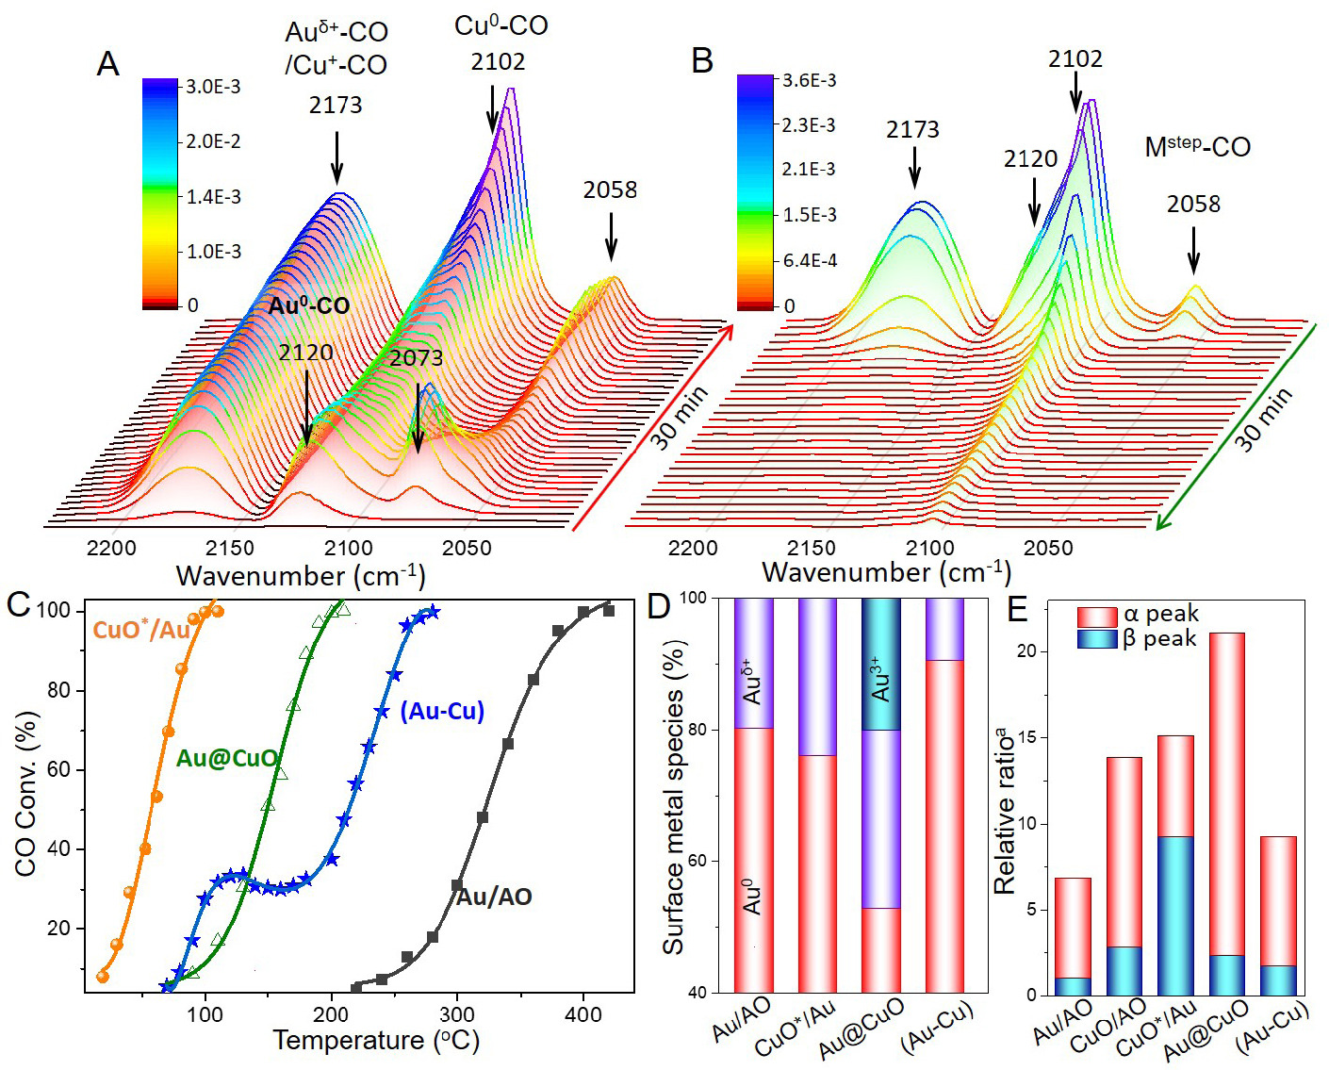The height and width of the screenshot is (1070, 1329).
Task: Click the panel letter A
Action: [108, 64]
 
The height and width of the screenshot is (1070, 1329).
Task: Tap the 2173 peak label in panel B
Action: [912, 130]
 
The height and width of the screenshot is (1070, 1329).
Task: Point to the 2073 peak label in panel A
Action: [416, 358]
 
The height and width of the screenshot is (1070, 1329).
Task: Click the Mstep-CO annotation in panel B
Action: [1197, 147]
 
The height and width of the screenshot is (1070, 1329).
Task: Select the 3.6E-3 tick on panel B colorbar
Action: [809, 81]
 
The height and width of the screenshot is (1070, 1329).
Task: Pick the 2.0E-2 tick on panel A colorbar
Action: [213, 141]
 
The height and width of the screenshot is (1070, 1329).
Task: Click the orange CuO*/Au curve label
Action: [141, 630]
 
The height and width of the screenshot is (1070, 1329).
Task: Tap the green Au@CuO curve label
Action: [227, 758]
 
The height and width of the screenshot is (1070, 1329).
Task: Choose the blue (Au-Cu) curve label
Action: [442, 711]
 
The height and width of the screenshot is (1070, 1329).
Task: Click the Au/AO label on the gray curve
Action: [494, 897]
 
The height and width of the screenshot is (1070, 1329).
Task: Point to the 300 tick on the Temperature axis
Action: [457, 1014]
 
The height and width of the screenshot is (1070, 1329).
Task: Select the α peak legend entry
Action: [1139, 615]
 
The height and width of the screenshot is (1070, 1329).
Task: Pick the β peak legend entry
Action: [1139, 639]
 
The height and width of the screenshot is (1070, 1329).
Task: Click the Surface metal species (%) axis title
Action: [673, 798]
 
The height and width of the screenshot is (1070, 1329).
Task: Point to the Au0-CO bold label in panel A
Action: [308, 305]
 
